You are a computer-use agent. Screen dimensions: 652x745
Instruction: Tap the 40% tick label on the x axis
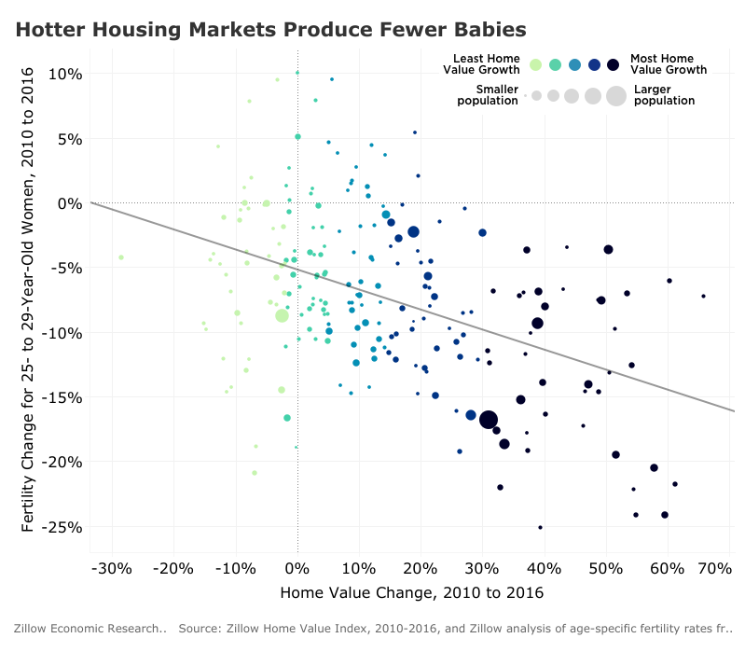[x=545, y=568]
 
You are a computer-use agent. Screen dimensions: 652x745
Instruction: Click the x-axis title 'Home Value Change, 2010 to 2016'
[x=411, y=592]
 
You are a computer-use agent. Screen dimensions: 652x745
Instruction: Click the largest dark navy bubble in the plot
[x=489, y=420]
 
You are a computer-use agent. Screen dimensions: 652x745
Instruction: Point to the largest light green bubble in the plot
[x=282, y=315]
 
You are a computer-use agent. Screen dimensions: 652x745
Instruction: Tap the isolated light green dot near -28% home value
[x=121, y=257]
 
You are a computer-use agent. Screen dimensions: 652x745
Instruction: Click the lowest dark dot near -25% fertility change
[x=540, y=527]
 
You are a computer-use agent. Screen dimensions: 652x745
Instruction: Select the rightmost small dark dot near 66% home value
[x=703, y=297]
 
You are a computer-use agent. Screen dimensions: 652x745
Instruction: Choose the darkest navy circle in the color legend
[x=613, y=64]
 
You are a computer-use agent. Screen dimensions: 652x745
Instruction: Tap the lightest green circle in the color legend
[x=535, y=64]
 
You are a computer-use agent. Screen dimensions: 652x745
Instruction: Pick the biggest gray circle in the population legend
[x=615, y=95]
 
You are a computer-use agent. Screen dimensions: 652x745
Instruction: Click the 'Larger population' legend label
[x=663, y=95]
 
